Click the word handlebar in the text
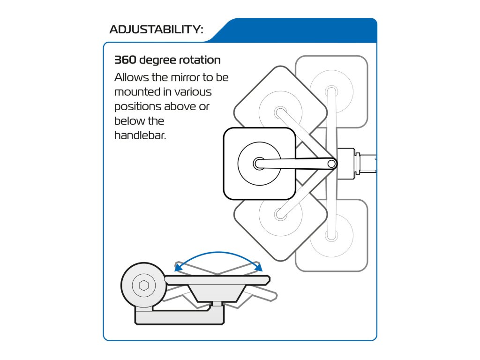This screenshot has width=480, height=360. point(139,136)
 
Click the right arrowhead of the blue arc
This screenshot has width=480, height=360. point(258,267)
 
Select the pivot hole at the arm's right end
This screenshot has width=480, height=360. point(331,164)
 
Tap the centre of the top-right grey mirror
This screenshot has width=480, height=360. point(331,90)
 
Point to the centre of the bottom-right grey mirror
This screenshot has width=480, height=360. point(331,237)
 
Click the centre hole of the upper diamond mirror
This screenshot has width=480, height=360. point(280,112)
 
